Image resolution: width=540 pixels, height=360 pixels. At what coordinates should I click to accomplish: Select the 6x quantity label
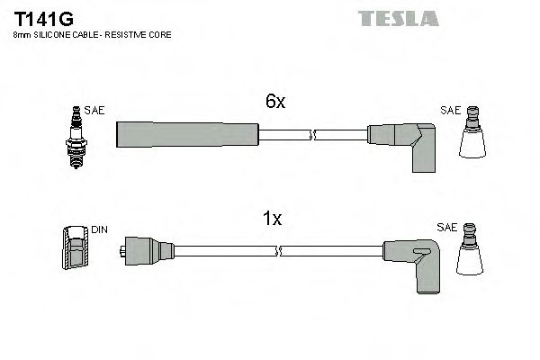(x=275, y=103)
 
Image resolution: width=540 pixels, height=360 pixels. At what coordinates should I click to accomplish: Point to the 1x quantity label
(x=274, y=219)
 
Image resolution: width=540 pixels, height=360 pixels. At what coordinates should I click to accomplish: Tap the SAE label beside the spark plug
(x=95, y=111)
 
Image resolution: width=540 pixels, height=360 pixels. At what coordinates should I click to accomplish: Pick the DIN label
(x=99, y=230)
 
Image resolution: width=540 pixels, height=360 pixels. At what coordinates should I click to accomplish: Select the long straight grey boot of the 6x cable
(x=187, y=134)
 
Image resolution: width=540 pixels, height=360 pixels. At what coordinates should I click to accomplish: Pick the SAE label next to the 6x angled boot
(x=450, y=111)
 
